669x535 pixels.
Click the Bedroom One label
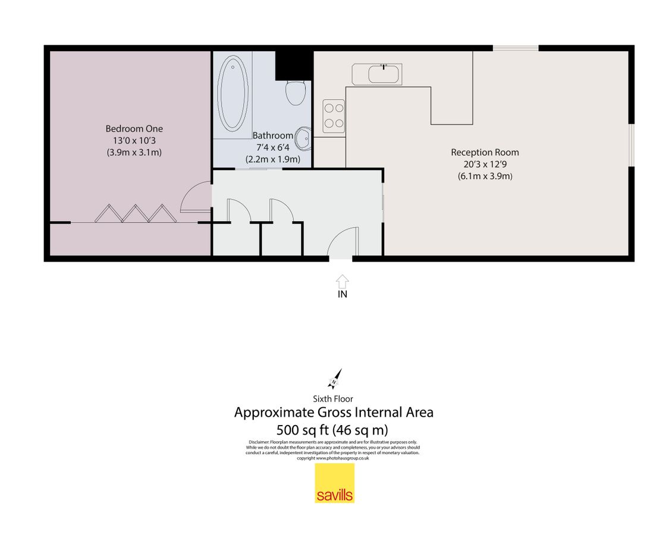(134, 128)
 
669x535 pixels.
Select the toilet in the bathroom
(295, 92)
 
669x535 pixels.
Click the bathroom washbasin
(303, 140)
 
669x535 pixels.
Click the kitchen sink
(384, 74)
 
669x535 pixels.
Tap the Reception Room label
(485, 152)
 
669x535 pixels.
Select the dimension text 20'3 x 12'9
(485, 164)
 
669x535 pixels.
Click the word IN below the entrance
(342, 294)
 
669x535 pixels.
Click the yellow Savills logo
(334, 483)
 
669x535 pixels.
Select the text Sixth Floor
(333, 399)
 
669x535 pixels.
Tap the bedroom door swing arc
(195, 197)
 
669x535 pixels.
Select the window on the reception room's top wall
(516, 48)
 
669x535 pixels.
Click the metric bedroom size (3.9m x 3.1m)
(134, 152)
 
